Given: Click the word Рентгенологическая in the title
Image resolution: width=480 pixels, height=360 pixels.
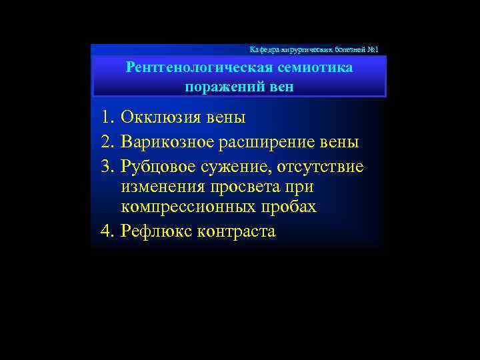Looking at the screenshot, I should (x=191, y=68).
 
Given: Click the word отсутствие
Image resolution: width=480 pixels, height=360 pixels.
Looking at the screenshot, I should (x=319, y=165).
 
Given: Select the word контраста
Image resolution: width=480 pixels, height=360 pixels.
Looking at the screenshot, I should (x=237, y=231).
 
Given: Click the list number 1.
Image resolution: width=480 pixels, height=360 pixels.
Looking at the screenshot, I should (x=107, y=118).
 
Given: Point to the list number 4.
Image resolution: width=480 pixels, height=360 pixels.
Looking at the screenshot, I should (x=107, y=231).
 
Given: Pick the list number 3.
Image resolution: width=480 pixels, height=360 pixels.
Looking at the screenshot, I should (x=107, y=165).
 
